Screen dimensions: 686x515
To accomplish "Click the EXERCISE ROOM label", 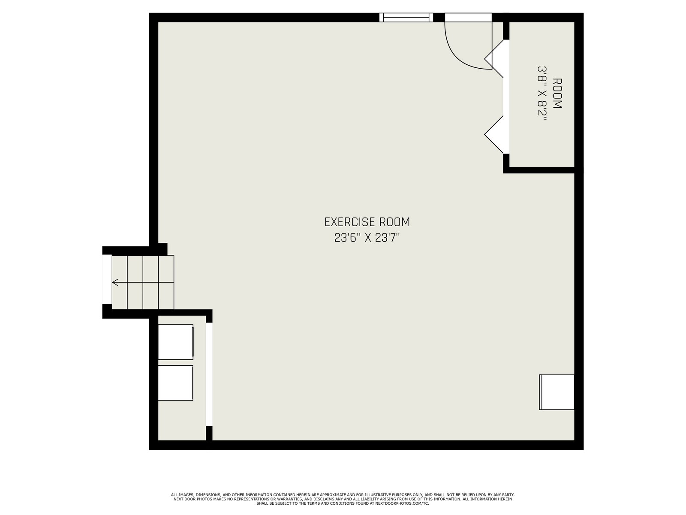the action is (x=367, y=222).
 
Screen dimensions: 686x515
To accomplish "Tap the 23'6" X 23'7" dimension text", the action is (x=367, y=238).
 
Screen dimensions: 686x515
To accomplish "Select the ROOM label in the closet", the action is (x=557, y=93).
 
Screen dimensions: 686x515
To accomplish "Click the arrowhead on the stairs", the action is (x=115, y=282).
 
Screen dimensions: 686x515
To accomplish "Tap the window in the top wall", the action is (x=406, y=18).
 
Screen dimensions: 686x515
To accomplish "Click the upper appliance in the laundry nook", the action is (x=176, y=342).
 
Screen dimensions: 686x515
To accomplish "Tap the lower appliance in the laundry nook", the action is (x=175, y=383).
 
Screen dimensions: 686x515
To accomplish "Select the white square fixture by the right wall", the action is (x=556, y=392).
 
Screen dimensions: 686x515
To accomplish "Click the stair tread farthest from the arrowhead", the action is (x=166, y=282).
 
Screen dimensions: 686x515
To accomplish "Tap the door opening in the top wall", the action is (x=468, y=18).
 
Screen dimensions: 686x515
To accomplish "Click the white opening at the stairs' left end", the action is (x=107, y=279).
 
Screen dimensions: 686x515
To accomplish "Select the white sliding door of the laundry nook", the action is (x=209, y=374).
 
